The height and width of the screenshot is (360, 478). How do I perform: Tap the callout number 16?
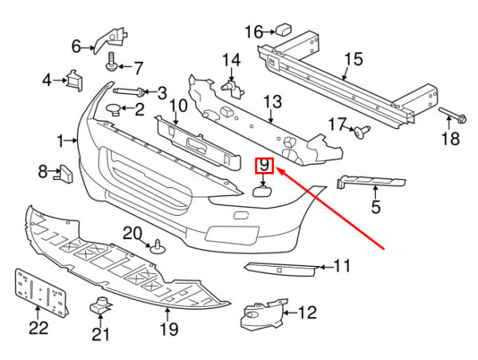pos(253,32)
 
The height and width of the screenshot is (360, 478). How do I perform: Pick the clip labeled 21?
pos(100,304)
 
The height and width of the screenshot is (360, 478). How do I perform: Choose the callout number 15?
pos(353,59)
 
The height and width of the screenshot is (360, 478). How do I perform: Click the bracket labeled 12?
pos(261,311)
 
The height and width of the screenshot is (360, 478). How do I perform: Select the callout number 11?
pos(342,266)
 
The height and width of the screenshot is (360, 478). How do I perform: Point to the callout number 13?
pos(272,101)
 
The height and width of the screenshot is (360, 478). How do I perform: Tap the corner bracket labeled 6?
pos(114,38)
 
